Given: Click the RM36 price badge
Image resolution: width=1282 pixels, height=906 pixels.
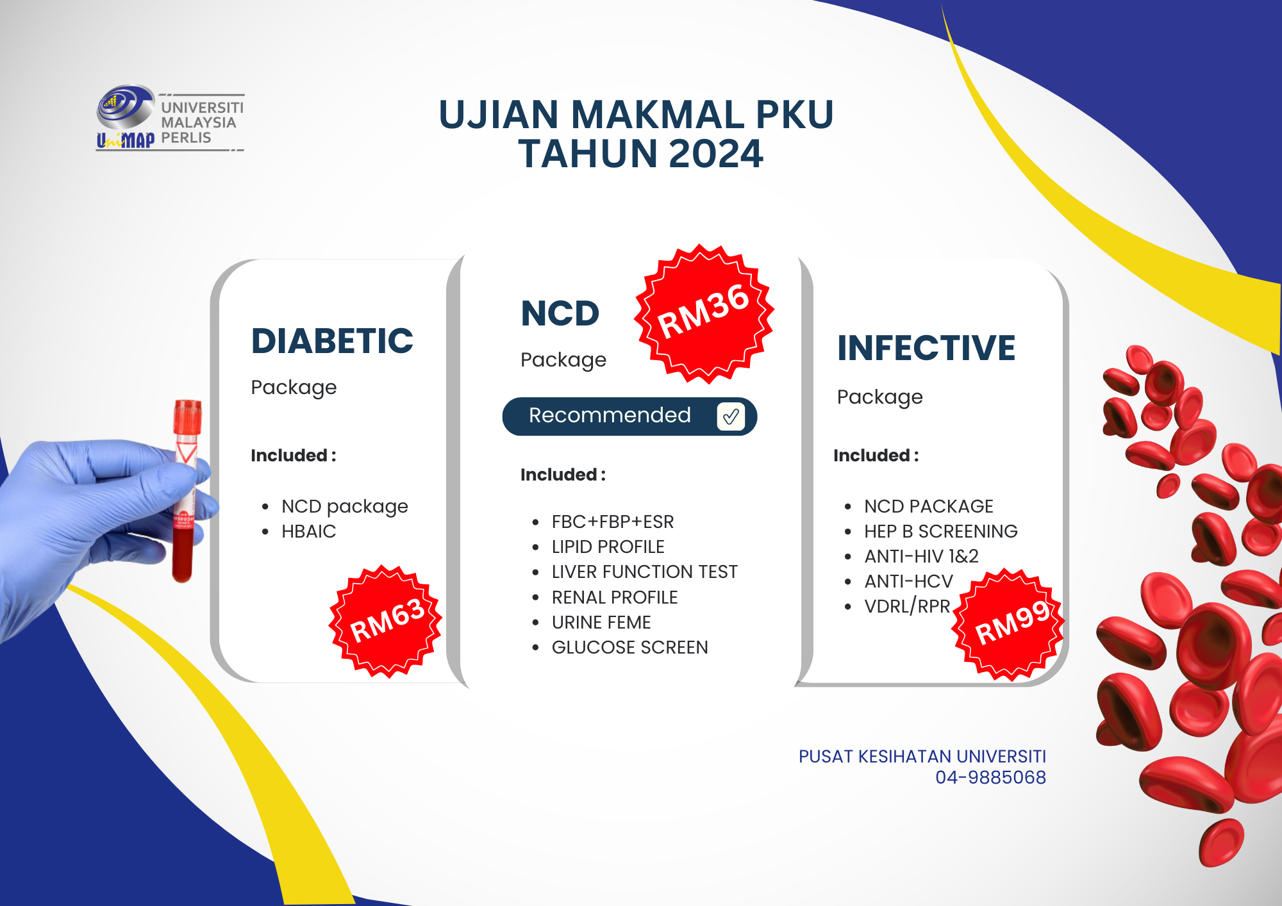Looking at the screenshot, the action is click(704, 314).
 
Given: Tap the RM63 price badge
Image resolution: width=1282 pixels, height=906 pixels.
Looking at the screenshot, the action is click(385, 621).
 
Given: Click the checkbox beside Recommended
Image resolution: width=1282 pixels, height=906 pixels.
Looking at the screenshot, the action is click(731, 416).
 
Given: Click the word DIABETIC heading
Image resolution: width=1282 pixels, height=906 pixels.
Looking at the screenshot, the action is click(332, 341).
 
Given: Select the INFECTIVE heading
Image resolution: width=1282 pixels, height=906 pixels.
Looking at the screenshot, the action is click(926, 348).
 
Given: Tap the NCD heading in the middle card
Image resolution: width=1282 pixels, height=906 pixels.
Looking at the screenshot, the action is click(560, 313).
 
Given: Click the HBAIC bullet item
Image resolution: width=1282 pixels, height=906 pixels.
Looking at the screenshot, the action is click(308, 531).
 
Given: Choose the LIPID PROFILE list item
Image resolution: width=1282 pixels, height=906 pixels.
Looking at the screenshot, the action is click(608, 547).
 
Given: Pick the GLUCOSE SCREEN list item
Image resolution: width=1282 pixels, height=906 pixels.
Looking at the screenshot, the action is click(629, 647).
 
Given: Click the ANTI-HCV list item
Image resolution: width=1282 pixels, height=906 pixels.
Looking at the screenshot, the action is click(908, 581).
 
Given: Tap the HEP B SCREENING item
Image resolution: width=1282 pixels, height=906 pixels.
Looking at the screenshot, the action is click(940, 531).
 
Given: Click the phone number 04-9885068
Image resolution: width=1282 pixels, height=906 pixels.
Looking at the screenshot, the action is click(990, 777).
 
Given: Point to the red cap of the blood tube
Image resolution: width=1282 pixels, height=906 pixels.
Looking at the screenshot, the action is click(187, 416).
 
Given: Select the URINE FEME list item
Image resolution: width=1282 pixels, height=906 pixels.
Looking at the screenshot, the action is click(601, 622).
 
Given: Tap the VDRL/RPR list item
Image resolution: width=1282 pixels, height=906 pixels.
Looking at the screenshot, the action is click(907, 606).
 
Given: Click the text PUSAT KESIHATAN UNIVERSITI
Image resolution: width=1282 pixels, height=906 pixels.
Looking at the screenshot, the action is click(922, 757).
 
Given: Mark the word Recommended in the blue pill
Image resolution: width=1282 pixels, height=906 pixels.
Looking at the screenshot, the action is click(610, 415).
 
